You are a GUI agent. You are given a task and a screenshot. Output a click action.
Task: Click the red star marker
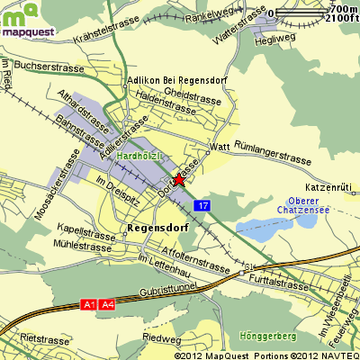pos(179,179)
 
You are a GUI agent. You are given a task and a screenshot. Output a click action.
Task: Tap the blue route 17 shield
pos(203,206)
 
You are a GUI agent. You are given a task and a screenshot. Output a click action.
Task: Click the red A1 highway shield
pos(88,304)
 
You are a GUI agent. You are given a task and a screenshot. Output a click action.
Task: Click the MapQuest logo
pos(26,20)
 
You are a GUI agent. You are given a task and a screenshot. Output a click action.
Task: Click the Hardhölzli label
pos(139,156)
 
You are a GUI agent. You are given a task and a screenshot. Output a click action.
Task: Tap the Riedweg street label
pos(162,338)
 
